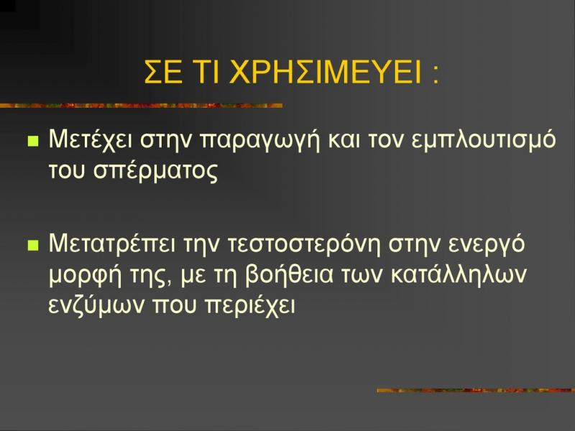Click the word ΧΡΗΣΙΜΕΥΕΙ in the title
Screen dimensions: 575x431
pos(325,71)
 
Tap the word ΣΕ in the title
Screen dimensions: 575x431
pos(163,71)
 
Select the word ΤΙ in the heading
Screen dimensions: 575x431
pos(206,71)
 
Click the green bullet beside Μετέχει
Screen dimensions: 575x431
pos(33,141)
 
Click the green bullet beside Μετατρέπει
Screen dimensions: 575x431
pos(33,245)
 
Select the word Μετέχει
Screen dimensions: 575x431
pos(91,139)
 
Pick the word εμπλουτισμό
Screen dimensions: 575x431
pos(484,139)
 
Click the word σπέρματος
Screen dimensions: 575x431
pos(155,171)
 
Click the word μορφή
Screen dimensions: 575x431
pos(85,275)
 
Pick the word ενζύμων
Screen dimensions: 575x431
pos(96,305)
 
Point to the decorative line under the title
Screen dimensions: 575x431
pos(141,106)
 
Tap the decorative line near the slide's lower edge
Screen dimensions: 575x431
pos(476,390)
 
